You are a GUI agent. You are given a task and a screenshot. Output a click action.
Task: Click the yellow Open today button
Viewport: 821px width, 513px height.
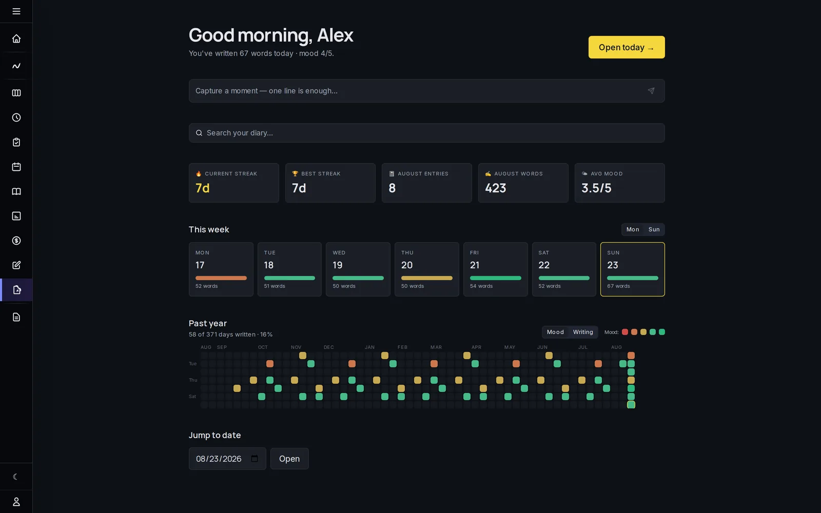(x=627, y=47)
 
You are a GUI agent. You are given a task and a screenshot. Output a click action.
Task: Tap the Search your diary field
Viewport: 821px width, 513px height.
(x=426, y=133)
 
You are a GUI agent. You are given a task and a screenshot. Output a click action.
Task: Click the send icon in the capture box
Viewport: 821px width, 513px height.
(x=651, y=91)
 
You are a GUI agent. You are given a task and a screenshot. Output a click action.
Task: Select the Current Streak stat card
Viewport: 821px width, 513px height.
(x=234, y=183)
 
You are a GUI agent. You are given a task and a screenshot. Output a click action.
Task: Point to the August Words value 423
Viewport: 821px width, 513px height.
(x=496, y=188)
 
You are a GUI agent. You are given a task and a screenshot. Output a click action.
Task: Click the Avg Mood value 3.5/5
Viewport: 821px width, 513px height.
(x=596, y=188)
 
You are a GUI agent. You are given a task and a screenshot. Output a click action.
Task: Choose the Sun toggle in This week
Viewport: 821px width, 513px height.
(x=654, y=229)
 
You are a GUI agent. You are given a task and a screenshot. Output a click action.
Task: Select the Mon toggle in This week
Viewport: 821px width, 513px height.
(x=633, y=229)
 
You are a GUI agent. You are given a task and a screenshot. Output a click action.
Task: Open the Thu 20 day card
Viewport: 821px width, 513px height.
(x=426, y=269)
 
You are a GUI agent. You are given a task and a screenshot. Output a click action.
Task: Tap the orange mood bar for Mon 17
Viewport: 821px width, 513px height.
(x=221, y=278)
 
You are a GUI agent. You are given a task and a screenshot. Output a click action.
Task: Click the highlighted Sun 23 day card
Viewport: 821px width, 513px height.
(x=633, y=269)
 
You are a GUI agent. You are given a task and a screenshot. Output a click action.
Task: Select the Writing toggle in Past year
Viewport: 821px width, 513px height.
(x=583, y=332)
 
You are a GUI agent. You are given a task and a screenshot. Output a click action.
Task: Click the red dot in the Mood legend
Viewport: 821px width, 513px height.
(x=625, y=332)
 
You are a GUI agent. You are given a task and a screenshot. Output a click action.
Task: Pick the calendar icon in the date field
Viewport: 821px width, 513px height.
(x=255, y=459)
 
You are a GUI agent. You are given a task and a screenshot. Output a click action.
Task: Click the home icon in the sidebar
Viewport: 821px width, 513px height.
(x=16, y=38)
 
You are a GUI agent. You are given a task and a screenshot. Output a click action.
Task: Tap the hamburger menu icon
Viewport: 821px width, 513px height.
(x=16, y=11)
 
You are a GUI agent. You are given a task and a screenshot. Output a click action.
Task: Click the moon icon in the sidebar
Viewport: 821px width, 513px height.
(x=15, y=477)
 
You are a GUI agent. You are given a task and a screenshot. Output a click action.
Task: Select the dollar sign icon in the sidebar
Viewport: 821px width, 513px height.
(x=16, y=241)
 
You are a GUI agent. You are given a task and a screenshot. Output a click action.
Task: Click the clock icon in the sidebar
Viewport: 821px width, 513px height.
(x=16, y=117)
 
